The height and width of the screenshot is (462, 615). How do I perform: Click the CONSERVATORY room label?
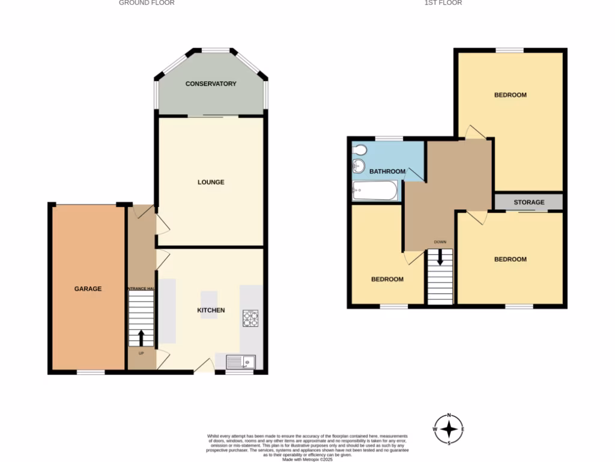coord(211,84)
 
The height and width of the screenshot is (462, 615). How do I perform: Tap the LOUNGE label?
coord(211,182)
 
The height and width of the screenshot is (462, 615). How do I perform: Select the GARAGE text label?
coord(88,289)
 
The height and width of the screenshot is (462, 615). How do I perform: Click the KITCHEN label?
coord(211,310)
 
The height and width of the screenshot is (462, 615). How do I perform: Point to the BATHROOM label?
coord(387,171)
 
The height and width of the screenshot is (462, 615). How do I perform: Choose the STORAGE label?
coord(529,202)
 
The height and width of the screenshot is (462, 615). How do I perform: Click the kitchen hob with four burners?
coord(250,318)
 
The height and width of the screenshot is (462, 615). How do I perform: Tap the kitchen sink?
coord(241,362)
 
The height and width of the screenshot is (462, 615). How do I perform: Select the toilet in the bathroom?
coord(360,150)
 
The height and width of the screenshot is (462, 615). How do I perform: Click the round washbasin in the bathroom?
coord(359,167)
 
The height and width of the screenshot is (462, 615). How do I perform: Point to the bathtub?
coord(374,192)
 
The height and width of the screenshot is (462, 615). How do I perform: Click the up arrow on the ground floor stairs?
coord(142,337)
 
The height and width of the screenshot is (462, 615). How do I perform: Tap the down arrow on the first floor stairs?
coord(440,257)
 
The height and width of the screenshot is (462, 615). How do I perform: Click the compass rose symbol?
coord(449,430)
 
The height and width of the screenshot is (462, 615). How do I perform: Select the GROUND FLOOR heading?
coord(147,3)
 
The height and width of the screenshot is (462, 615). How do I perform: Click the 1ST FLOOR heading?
coord(443,3)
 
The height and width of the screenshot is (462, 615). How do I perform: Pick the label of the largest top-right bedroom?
coord(510,95)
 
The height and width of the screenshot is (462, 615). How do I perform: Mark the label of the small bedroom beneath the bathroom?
coord(387,279)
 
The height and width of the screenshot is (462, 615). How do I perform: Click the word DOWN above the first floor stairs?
coord(440,242)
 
